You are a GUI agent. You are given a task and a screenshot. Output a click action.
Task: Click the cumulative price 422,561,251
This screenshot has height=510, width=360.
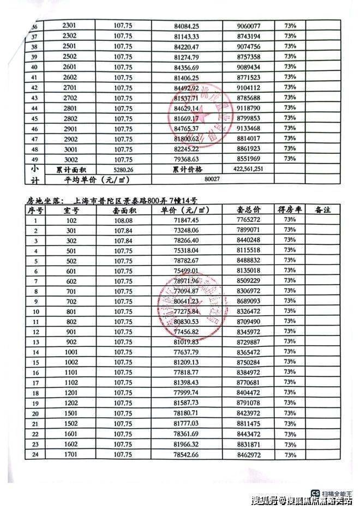tap(251, 169)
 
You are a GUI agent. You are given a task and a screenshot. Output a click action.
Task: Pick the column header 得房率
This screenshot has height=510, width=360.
tap(290, 210)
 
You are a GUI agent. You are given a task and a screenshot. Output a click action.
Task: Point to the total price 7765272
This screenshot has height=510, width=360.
tap(249, 220)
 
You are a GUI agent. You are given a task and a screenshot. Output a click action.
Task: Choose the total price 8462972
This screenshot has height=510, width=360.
tap(249, 454)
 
